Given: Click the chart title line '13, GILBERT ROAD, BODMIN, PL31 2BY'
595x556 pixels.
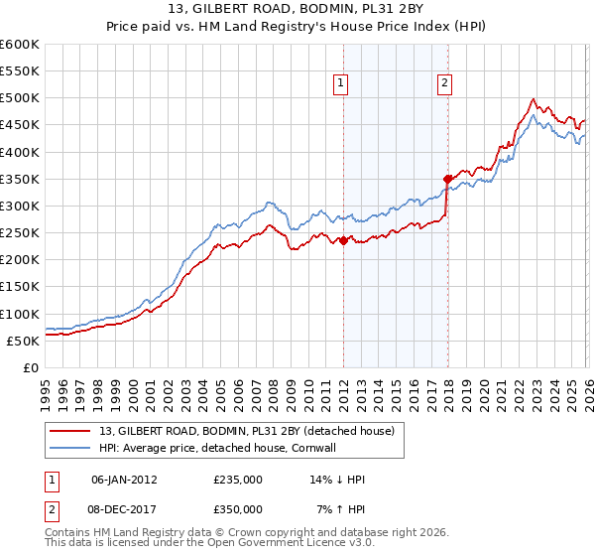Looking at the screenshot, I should tap(297, 9).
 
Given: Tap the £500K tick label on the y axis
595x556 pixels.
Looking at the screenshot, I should tap(20, 98).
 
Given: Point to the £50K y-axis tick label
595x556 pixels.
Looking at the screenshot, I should tap(23, 341).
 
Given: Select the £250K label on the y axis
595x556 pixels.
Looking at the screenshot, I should tap(20, 232).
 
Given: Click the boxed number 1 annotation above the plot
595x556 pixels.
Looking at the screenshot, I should tap(341, 84).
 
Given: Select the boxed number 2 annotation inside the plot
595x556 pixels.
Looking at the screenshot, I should tap(444, 84).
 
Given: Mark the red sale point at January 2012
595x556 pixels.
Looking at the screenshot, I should tap(343, 240).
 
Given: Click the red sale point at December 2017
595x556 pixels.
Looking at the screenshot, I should tap(447, 179).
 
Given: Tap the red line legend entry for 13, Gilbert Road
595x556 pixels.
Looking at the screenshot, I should tap(247, 431).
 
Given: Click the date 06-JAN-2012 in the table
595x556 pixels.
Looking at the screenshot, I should tap(123, 480).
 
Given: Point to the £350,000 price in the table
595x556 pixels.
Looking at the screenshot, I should tap(238, 508).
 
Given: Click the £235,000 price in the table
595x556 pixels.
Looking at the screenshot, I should tap(238, 480).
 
